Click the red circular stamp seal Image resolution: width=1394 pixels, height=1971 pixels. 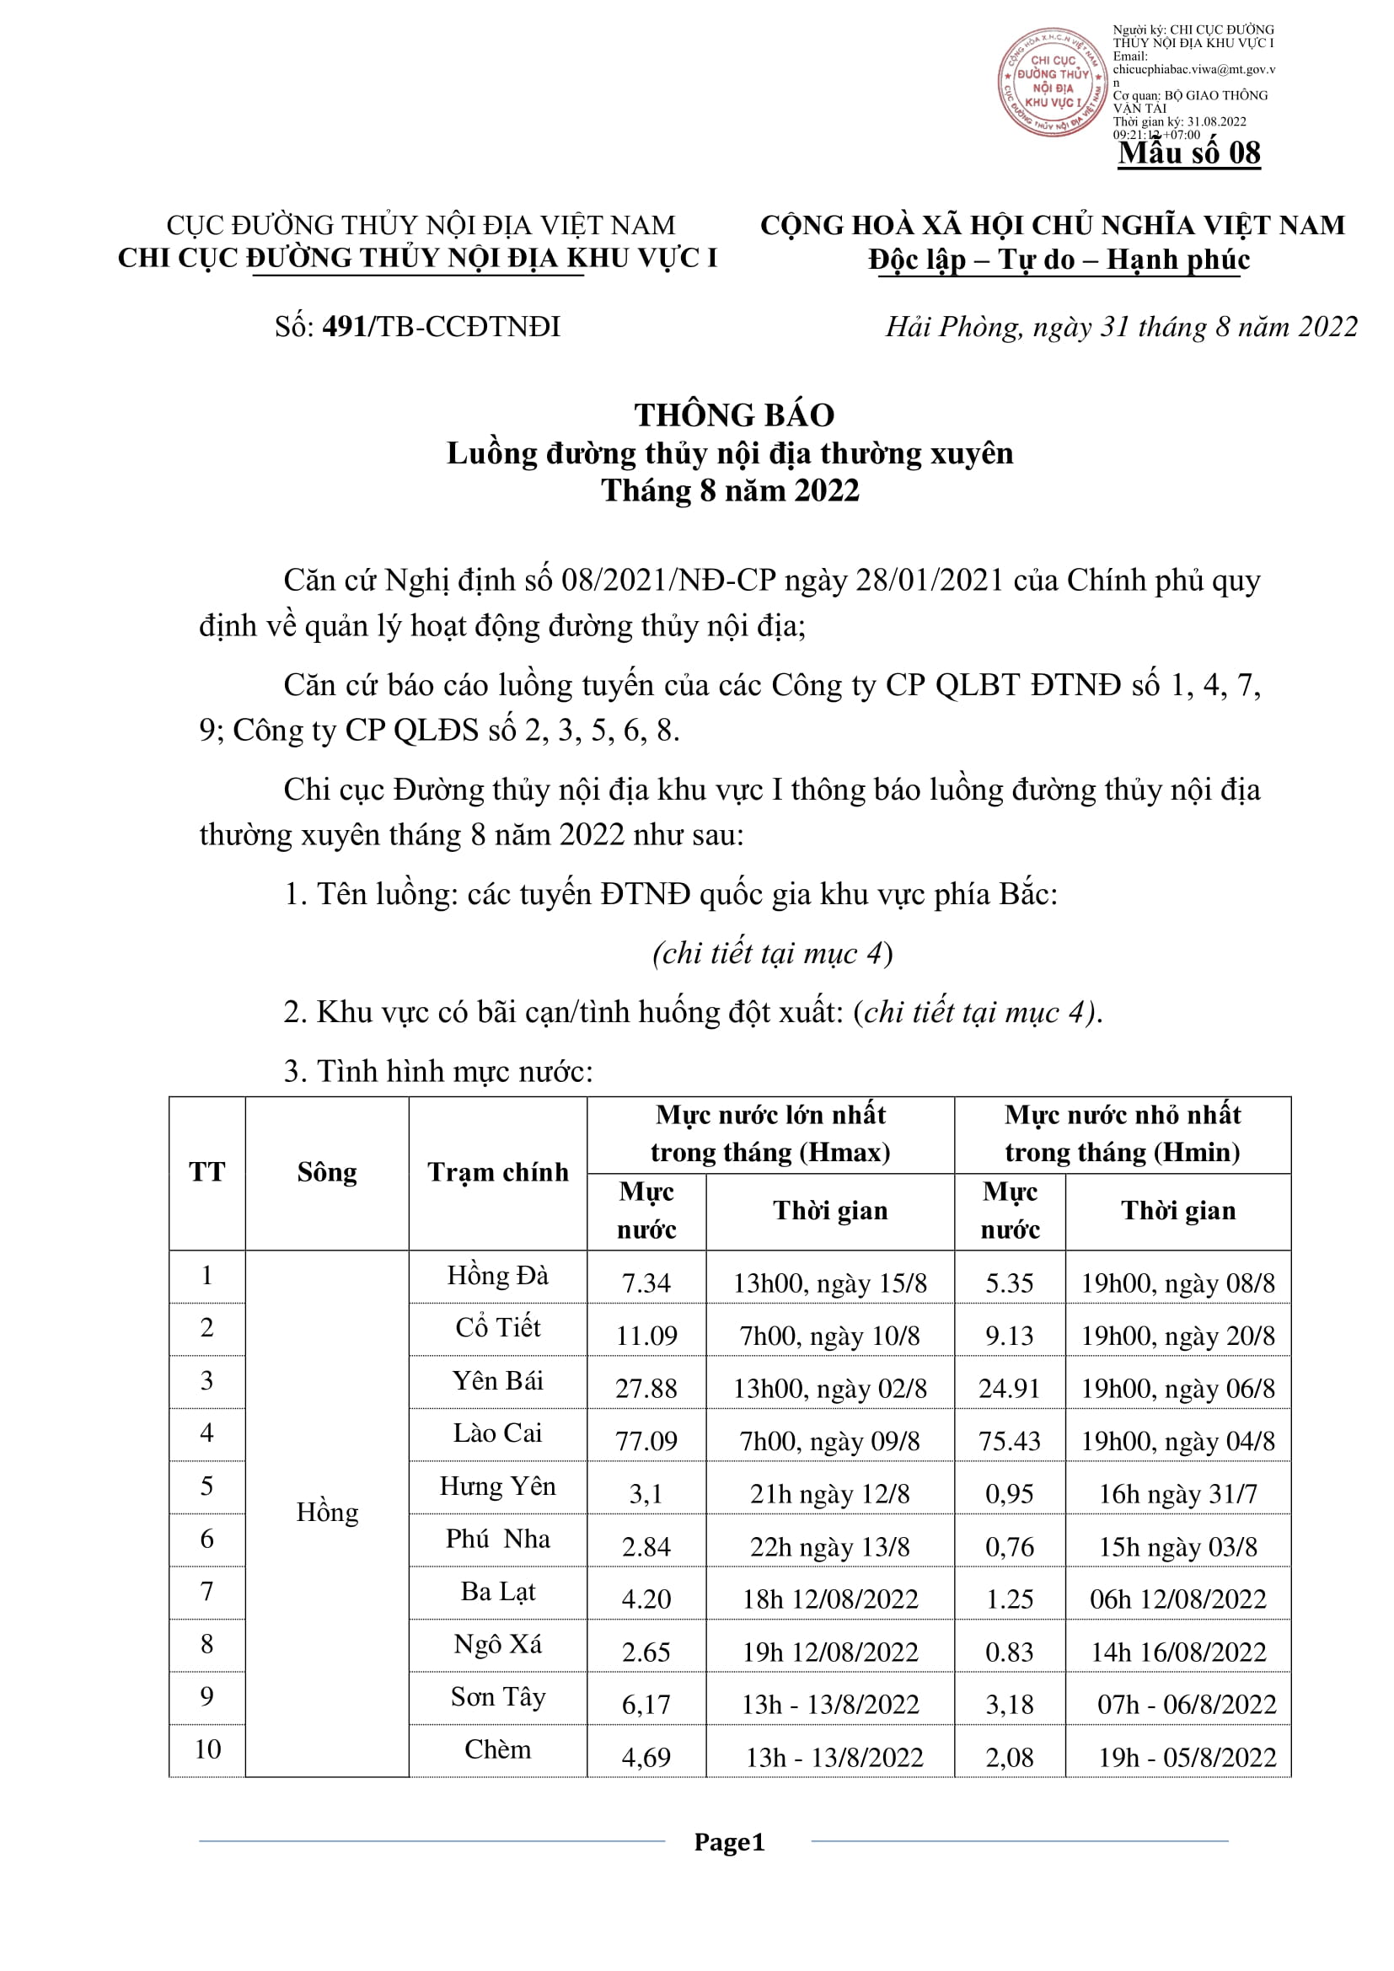tap(1053, 82)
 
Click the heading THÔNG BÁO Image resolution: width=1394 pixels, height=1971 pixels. tap(734, 415)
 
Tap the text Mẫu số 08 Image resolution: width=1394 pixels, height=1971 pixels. tap(1189, 153)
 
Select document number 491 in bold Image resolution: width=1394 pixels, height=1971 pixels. tap(344, 326)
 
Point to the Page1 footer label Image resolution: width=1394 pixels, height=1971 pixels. tap(729, 1841)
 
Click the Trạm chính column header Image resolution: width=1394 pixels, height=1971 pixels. tap(498, 1172)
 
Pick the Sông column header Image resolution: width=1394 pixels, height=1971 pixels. tap(327, 1172)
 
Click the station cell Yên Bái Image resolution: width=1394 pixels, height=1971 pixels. tap(498, 1380)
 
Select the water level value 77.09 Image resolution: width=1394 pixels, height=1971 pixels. tap(646, 1440)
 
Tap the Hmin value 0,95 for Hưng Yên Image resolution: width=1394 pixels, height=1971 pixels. tap(1010, 1494)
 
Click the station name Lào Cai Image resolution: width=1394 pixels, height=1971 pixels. tap(498, 1433)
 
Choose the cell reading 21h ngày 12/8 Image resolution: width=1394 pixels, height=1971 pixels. tap(830, 1494)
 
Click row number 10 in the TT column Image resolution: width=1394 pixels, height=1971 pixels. tap(206, 1749)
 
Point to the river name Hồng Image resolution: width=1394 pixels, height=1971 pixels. tap(327, 1512)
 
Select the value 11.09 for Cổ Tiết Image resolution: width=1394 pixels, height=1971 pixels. tap(646, 1336)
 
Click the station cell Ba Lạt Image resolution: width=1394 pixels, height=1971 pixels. tap(498, 1591)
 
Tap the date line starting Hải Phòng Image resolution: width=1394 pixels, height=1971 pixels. tap(1121, 327)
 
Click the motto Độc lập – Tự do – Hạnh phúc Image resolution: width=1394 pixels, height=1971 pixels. tap(1059, 260)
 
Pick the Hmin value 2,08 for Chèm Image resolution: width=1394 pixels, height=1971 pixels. tap(1010, 1757)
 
